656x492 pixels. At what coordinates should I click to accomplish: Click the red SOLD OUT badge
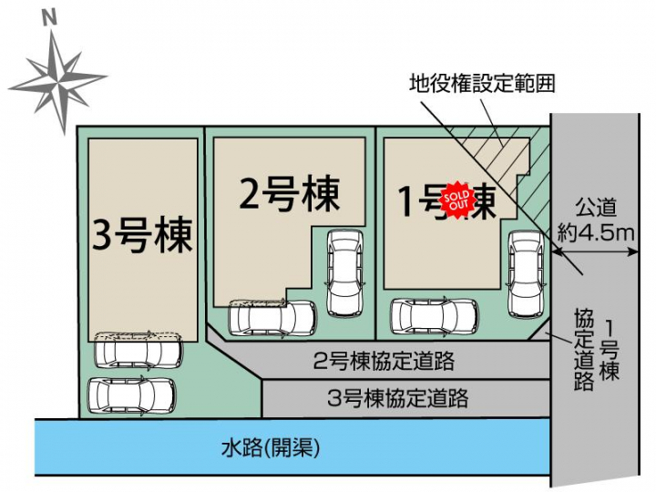tap(456, 199)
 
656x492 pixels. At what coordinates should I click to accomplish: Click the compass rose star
tap(61, 80)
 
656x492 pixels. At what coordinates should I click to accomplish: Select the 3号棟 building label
tap(143, 235)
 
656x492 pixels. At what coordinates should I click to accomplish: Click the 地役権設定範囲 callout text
tap(482, 84)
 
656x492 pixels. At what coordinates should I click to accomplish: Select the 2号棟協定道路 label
tap(383, 360)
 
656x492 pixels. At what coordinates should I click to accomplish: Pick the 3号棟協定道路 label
tap(397, 397)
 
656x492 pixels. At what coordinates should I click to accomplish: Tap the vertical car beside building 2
tap(343, 270)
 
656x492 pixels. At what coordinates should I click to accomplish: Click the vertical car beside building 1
tap(526, 271)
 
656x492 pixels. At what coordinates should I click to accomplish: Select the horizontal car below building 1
tap(436, 316)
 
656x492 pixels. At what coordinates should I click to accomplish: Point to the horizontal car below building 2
tap(272, 317)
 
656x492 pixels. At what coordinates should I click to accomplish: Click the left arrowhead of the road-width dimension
tap(558, 232)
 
